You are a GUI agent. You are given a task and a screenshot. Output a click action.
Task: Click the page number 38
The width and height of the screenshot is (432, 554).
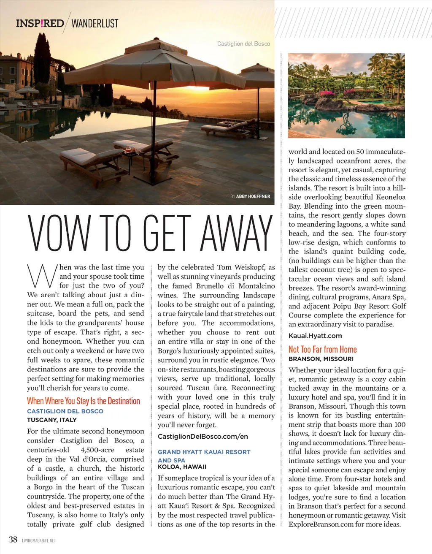13,539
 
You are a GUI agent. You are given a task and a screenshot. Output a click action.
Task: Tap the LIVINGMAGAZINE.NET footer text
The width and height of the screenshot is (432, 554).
39,540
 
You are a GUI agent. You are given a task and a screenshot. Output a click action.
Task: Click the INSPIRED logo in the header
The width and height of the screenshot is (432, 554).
40,23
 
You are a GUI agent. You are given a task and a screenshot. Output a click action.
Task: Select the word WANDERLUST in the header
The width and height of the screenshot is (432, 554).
95,24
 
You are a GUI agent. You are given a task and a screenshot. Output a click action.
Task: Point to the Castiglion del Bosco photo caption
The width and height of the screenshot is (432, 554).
243,43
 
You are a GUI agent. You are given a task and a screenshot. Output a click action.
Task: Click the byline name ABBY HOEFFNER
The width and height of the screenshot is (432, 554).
253,196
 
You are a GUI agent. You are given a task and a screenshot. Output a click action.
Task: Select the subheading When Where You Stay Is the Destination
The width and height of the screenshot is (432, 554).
84,401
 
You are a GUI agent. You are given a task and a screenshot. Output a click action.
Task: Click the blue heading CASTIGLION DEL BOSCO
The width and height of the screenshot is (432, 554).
65,411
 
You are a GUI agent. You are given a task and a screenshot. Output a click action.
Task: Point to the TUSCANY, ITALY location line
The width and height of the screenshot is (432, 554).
52,420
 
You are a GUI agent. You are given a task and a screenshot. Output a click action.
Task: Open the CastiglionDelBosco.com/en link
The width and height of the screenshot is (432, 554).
203,437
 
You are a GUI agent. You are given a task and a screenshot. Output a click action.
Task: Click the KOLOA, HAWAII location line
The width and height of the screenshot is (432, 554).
182,467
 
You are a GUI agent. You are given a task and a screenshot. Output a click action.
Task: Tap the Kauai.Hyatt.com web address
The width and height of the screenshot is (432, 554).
315,336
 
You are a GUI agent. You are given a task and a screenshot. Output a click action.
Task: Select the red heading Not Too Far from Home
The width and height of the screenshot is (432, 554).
323,350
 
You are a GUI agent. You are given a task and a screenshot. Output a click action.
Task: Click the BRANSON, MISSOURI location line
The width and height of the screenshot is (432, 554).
321,359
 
